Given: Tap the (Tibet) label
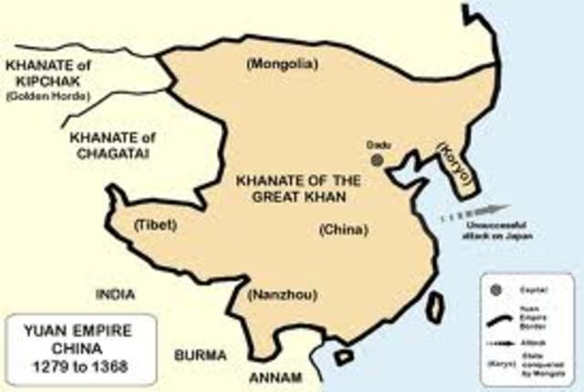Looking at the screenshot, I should (x=156, y=224).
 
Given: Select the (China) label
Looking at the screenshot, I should (x=343, y=230).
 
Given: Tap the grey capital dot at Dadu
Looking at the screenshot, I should (x=376, y=159).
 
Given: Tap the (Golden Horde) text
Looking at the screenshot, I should (x=43, y=95).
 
